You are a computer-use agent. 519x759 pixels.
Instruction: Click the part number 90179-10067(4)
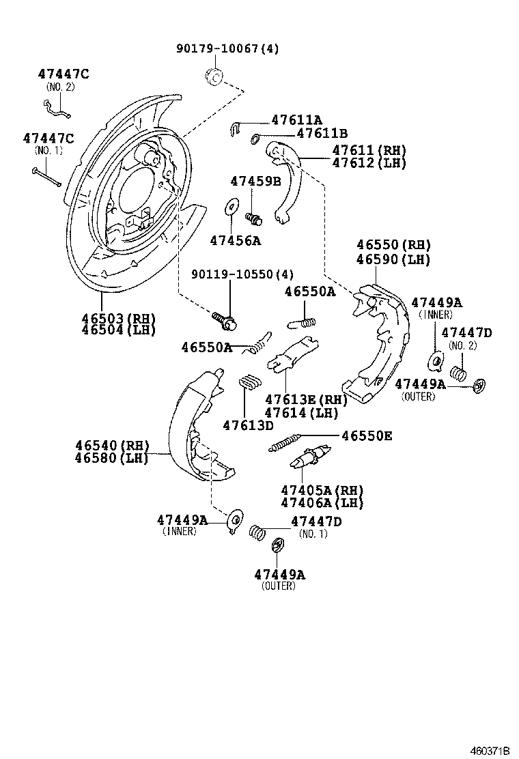[227, 49]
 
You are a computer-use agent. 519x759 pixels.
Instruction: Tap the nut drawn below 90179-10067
[214, 76]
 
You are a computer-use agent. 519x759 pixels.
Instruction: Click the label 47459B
[255, 182]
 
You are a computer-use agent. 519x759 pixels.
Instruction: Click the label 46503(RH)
[118, 318]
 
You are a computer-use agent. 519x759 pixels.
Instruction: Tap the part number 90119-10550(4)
[242, 274]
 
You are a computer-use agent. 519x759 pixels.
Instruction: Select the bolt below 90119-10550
[224, 318]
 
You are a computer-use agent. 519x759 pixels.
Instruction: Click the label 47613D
[248, 425]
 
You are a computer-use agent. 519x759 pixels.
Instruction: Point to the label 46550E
[367, 435]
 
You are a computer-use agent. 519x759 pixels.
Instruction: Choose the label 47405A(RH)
[322, 491]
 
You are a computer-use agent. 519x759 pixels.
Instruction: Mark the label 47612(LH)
[369, 163]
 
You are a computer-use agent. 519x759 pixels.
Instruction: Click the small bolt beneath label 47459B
[254, 218]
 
